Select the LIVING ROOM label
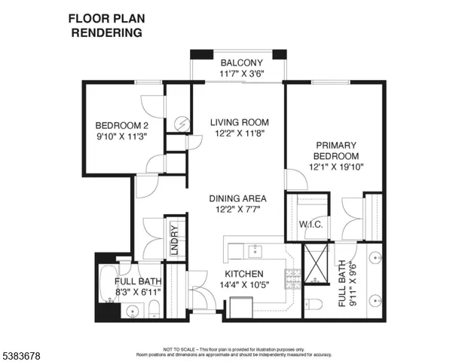pyautogui.click(x=239, y=122)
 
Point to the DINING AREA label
pyautogui.click(x=239, y=199)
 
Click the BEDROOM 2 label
pyautogui.click(x=121, y=126)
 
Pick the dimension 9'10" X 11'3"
pyautogui.click(x=121, y=137)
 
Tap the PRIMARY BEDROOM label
pyautogui.click(x=336, y=151)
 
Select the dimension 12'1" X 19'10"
pyautogui.click(x=336, y=167)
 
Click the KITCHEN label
pyautogui.click(x=243, y=274)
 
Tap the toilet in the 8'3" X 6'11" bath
pyautogui.click(x=153, y=308)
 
